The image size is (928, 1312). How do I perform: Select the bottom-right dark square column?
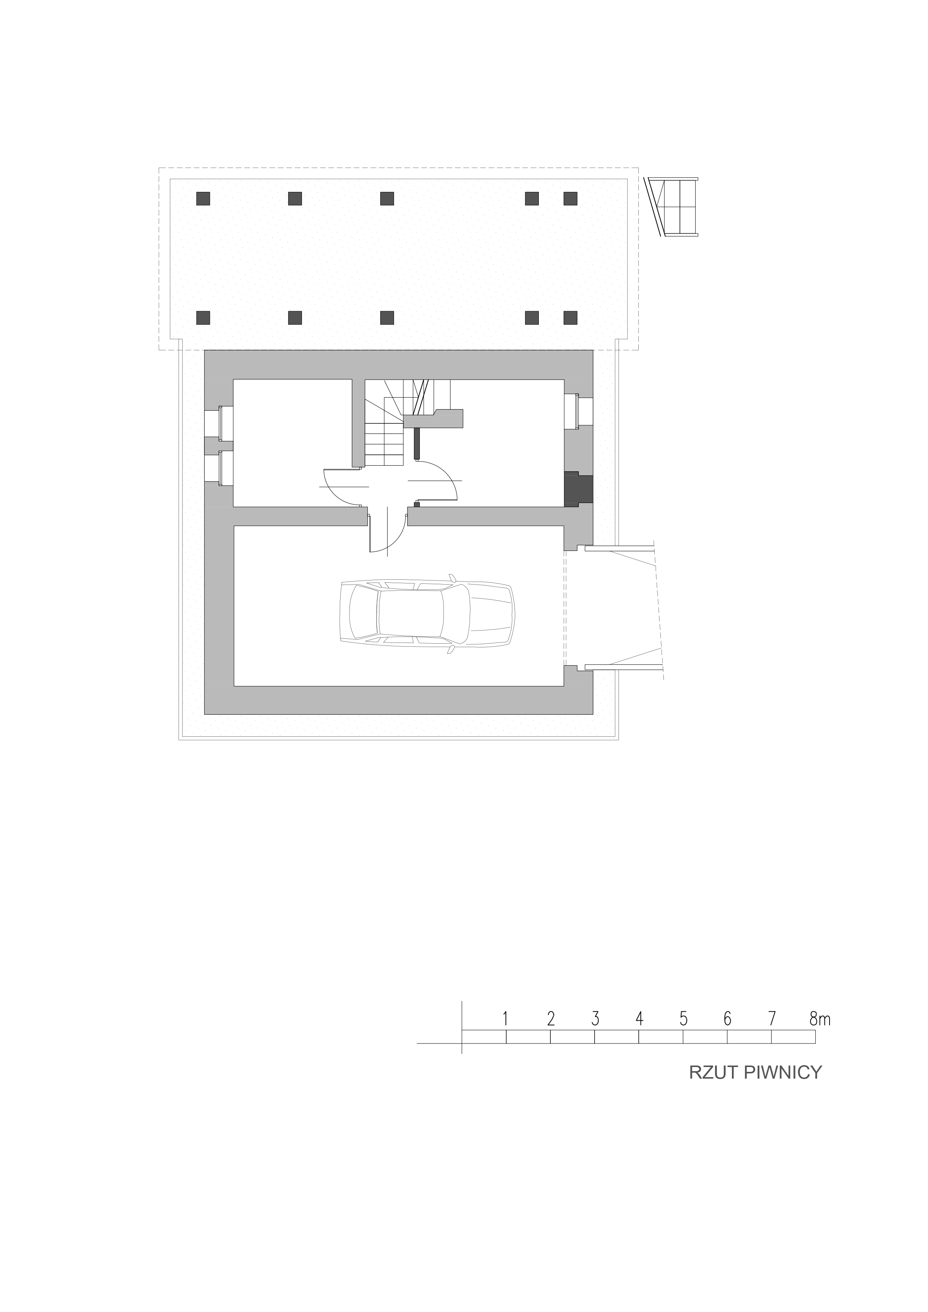point(570,318)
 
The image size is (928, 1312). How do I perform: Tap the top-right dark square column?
point(570,198)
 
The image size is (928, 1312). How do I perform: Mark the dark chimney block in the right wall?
point(577,488)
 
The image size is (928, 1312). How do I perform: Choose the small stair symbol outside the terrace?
point(675,207)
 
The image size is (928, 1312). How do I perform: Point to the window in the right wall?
point(578,411)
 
